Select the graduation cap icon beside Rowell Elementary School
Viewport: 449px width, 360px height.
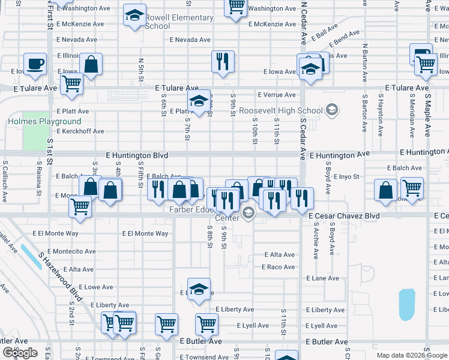(x=134, y=15)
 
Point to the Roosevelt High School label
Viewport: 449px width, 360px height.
(x=280, y=111)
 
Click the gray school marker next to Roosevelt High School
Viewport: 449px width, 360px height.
(x=332, y=110)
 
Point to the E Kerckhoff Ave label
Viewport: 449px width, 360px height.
(x=80, y=131)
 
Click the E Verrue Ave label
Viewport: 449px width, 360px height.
(x=277, y=95)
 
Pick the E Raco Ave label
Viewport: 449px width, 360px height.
(x=278, y=267)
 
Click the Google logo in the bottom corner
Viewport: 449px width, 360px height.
(x=20, y=353)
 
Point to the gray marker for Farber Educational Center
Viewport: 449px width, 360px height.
(x=249, y=213)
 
